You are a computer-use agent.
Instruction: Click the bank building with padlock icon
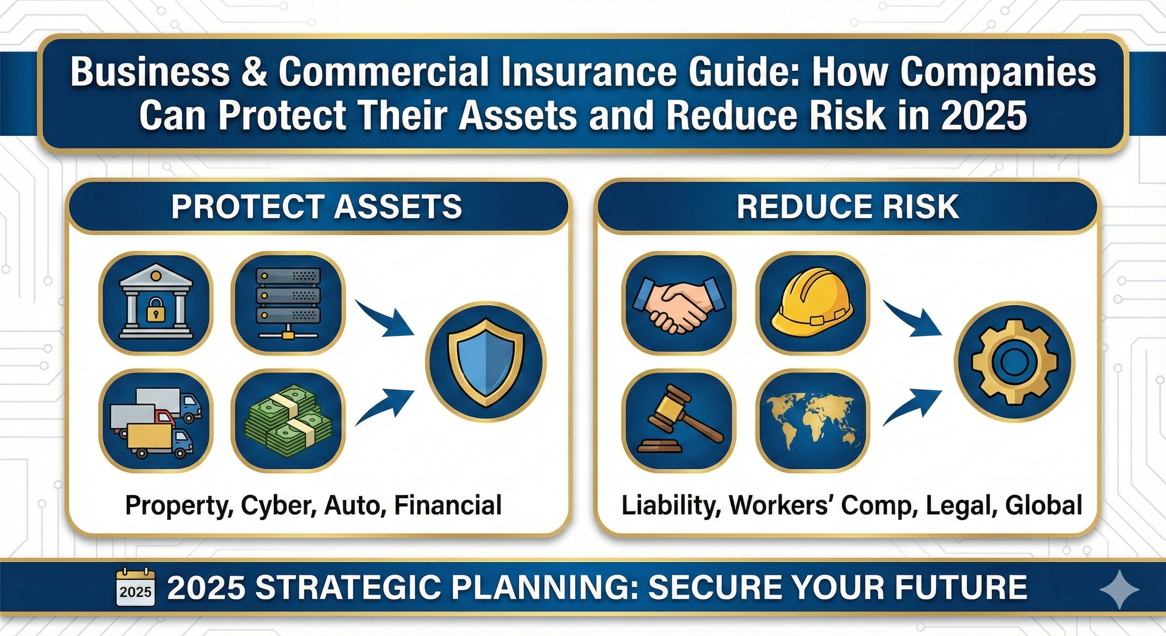coord(155,303)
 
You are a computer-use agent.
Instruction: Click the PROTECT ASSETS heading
coord(316,207)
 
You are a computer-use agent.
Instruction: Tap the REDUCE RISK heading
coord(847,207)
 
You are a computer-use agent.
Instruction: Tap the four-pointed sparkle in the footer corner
coord(1119,589)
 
